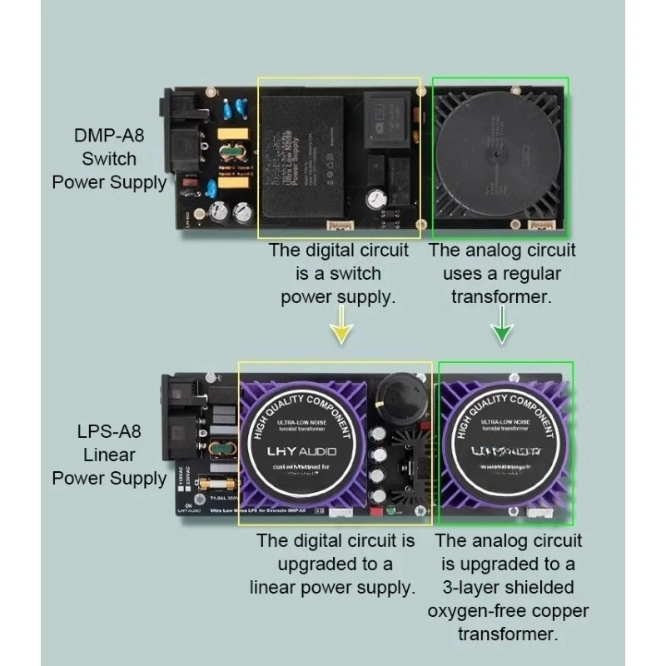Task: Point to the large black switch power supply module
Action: point(306,158)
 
